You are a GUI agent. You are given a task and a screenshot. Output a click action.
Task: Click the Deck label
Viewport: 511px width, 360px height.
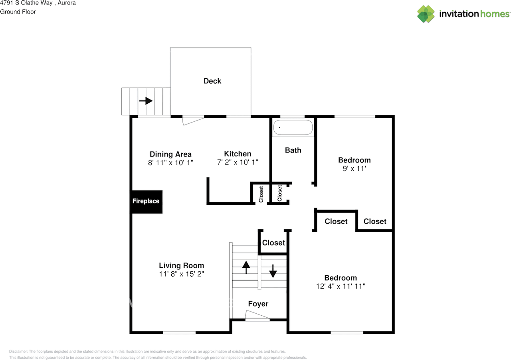212,81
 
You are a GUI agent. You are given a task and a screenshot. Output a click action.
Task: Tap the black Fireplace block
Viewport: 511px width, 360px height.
146,202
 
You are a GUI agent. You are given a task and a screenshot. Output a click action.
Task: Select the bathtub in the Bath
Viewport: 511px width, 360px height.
293,127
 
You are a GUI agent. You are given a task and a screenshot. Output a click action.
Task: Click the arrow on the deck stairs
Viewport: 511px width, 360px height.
146,101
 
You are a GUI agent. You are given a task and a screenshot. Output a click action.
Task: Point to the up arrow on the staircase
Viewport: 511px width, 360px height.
246,267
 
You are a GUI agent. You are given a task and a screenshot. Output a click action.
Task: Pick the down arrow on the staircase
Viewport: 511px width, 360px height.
273,271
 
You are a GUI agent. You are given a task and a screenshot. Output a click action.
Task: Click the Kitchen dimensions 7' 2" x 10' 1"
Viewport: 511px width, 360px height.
238,162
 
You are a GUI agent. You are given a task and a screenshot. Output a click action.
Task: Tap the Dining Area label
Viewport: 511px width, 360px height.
170,154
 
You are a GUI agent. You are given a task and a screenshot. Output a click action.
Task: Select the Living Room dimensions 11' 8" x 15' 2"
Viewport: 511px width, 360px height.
181,274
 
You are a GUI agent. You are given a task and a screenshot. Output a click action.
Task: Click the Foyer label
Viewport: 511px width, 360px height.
258,304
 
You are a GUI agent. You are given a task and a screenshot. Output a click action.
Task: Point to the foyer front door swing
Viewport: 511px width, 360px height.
257,315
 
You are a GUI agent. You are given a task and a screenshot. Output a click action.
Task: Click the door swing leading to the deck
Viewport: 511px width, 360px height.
193,121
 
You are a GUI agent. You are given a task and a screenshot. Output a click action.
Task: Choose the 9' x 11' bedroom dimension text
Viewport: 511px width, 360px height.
354,168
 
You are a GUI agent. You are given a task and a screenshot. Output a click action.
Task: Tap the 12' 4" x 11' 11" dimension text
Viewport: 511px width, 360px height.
341,286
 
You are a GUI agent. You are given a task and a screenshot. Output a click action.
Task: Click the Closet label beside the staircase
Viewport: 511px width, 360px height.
273,243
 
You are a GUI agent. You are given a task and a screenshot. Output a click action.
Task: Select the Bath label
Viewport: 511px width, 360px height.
293,150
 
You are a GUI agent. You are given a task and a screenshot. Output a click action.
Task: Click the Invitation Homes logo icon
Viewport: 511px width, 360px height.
426,14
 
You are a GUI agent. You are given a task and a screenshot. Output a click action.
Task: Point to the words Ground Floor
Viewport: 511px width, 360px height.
18,12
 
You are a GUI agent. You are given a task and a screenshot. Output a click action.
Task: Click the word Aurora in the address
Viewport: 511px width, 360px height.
67,3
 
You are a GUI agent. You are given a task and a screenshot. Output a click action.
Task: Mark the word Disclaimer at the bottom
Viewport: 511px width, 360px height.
18,352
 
